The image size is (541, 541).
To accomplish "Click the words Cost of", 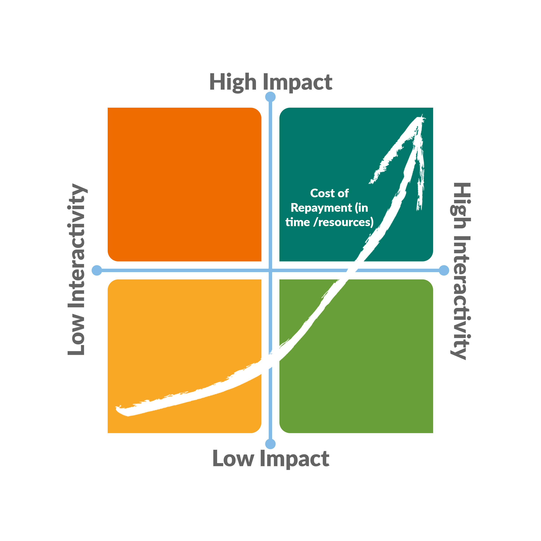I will coord(329,193).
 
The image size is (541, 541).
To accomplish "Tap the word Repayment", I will coord(321,208).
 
